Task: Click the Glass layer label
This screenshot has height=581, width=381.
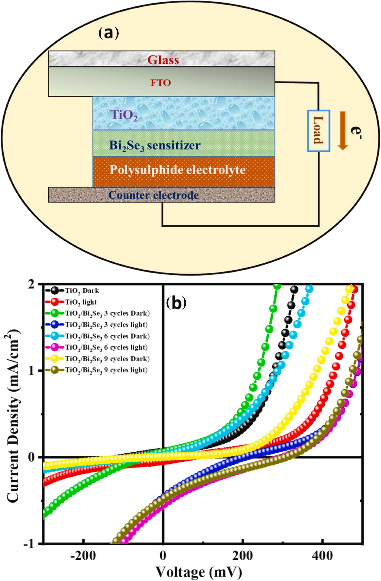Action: click(x=163, y=60)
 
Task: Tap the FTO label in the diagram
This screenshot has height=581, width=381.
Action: click(x=161, y=83)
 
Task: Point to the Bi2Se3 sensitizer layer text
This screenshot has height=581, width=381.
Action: click(x=155, y=146)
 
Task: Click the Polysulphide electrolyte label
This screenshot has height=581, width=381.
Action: click(x=178, y=170)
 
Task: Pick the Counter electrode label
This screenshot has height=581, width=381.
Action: click(x=153, y=195)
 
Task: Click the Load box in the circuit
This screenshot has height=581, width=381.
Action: click(x=319, y=131)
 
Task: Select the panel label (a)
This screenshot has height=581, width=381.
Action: click(x=108, y=33)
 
